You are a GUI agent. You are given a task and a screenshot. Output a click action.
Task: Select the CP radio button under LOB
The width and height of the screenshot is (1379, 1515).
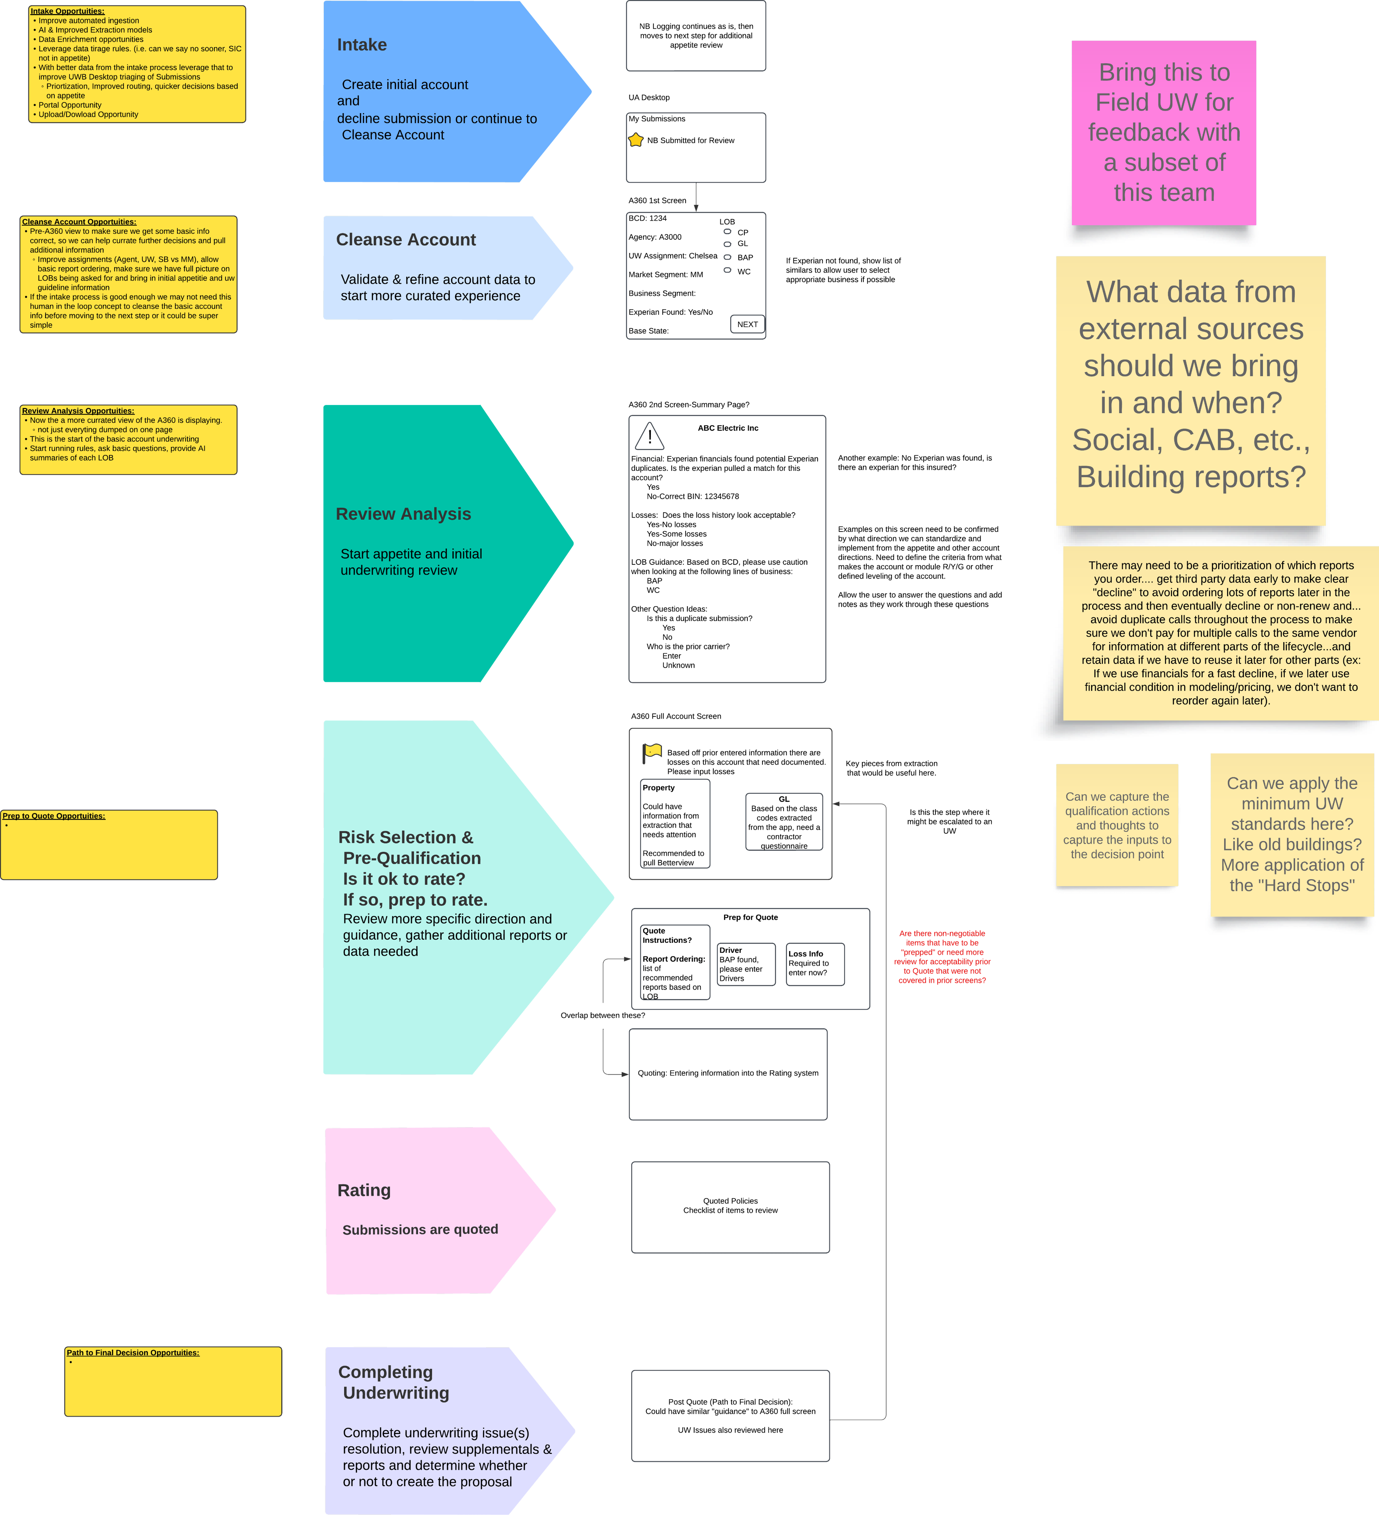[x=727, y=232]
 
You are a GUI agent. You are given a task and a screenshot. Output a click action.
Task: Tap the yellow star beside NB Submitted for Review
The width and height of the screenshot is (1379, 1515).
[x=636, y=140]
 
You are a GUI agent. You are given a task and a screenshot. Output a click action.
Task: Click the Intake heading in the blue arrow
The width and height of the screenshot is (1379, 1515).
[x=362, y=45]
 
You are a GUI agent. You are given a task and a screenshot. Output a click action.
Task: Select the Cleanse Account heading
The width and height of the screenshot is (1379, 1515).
[x=405, y=240]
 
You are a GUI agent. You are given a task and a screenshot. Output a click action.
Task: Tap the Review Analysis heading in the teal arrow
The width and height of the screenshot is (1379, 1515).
[x=403, y=514]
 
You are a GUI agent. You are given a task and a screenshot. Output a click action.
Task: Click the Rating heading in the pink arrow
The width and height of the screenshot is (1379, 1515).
[x=364, y=1190]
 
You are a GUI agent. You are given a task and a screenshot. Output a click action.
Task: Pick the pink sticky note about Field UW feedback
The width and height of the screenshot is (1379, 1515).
[x=1164, y=133]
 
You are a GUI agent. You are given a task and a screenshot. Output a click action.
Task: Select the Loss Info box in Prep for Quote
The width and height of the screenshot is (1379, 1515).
[x=815, y=964]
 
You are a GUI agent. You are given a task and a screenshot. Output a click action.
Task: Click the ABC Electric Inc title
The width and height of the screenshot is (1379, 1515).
[x=728, y=428]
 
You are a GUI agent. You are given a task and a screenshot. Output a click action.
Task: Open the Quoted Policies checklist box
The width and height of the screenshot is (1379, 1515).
[x=730, y=1207]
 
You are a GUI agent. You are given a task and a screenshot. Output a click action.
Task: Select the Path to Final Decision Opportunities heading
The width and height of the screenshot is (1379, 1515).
[x=133, y=1353]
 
